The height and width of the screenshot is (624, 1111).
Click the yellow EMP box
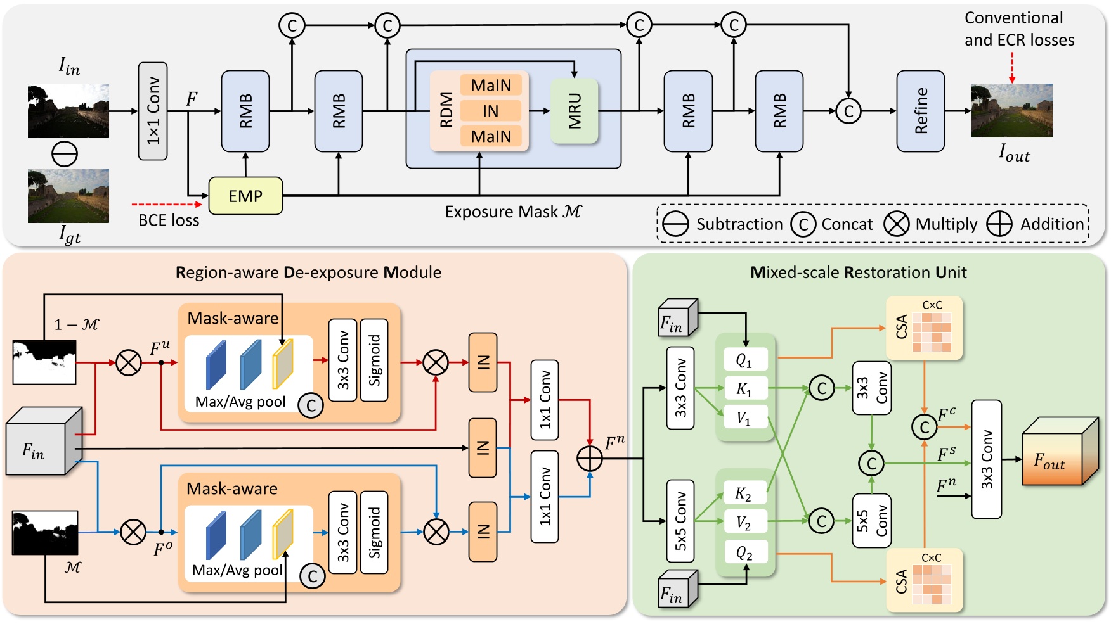245,196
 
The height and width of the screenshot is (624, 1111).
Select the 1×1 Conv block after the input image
153,111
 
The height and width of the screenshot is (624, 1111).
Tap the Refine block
921,111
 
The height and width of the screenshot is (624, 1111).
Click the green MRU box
575,111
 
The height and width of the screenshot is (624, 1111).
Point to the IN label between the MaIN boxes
491,111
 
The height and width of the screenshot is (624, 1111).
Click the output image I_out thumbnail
1011,111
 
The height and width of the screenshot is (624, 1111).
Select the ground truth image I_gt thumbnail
68,196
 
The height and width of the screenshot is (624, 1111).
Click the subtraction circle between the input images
65,154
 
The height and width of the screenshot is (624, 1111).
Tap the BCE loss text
169,220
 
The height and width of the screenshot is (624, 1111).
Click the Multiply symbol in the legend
896,224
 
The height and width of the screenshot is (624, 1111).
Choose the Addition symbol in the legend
999,224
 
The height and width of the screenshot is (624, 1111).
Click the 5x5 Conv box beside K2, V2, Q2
680,521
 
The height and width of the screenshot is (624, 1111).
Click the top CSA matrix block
925,328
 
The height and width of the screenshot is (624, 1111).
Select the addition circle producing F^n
590,458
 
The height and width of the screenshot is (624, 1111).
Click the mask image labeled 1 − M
44,362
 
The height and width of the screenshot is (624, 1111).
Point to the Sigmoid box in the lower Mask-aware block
374,533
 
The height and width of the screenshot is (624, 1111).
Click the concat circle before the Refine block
848,111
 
